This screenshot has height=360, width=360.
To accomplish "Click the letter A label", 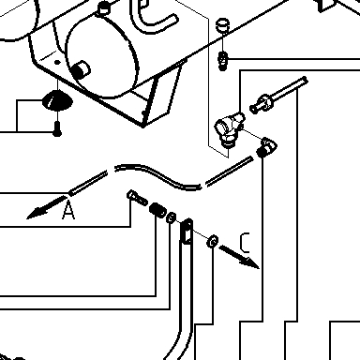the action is point(68,210).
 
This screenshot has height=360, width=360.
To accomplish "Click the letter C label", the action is point(245,243).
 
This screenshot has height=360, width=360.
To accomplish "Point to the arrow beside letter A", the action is point(46,207).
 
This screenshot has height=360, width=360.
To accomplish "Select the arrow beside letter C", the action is point(239,257).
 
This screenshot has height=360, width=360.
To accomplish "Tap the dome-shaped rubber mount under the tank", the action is point(57,100).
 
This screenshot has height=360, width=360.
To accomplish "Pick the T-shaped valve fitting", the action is point(230,128).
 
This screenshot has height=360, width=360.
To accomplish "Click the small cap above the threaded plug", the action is point(222,25).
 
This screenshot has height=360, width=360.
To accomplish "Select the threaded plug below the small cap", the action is point(222,61).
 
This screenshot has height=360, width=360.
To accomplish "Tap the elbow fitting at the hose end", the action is point(266,147).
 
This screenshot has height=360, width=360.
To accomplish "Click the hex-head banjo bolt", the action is point(137,198).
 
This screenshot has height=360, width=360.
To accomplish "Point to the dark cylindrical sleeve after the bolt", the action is point(157,210).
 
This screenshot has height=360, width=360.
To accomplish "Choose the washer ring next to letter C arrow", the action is point(213,241).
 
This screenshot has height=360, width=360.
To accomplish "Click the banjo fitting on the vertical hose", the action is point(187,232).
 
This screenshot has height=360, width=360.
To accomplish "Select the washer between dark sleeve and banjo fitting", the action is point(171,217).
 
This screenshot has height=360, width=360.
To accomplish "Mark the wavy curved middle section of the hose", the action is point(157,175).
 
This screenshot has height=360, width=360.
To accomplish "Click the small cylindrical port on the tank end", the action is point(81,69).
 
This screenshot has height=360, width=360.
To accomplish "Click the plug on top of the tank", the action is point(103,8).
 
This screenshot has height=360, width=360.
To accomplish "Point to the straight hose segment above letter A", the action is point(88,183).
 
